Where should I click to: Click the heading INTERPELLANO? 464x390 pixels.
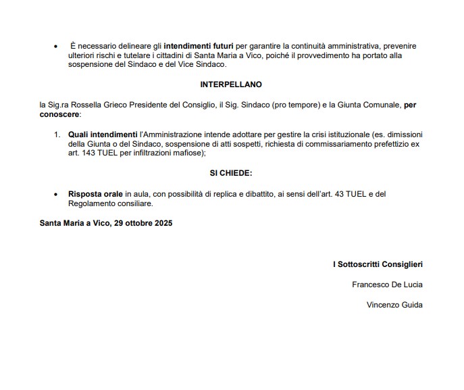[230, 84]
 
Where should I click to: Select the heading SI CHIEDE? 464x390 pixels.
[230, 174]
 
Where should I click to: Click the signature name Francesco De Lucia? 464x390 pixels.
[387, 285]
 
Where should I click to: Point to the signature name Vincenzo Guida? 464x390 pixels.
[394, 305]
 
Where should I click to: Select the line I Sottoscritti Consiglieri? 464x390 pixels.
[378, 264]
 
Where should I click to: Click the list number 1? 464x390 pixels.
[57, 135]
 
